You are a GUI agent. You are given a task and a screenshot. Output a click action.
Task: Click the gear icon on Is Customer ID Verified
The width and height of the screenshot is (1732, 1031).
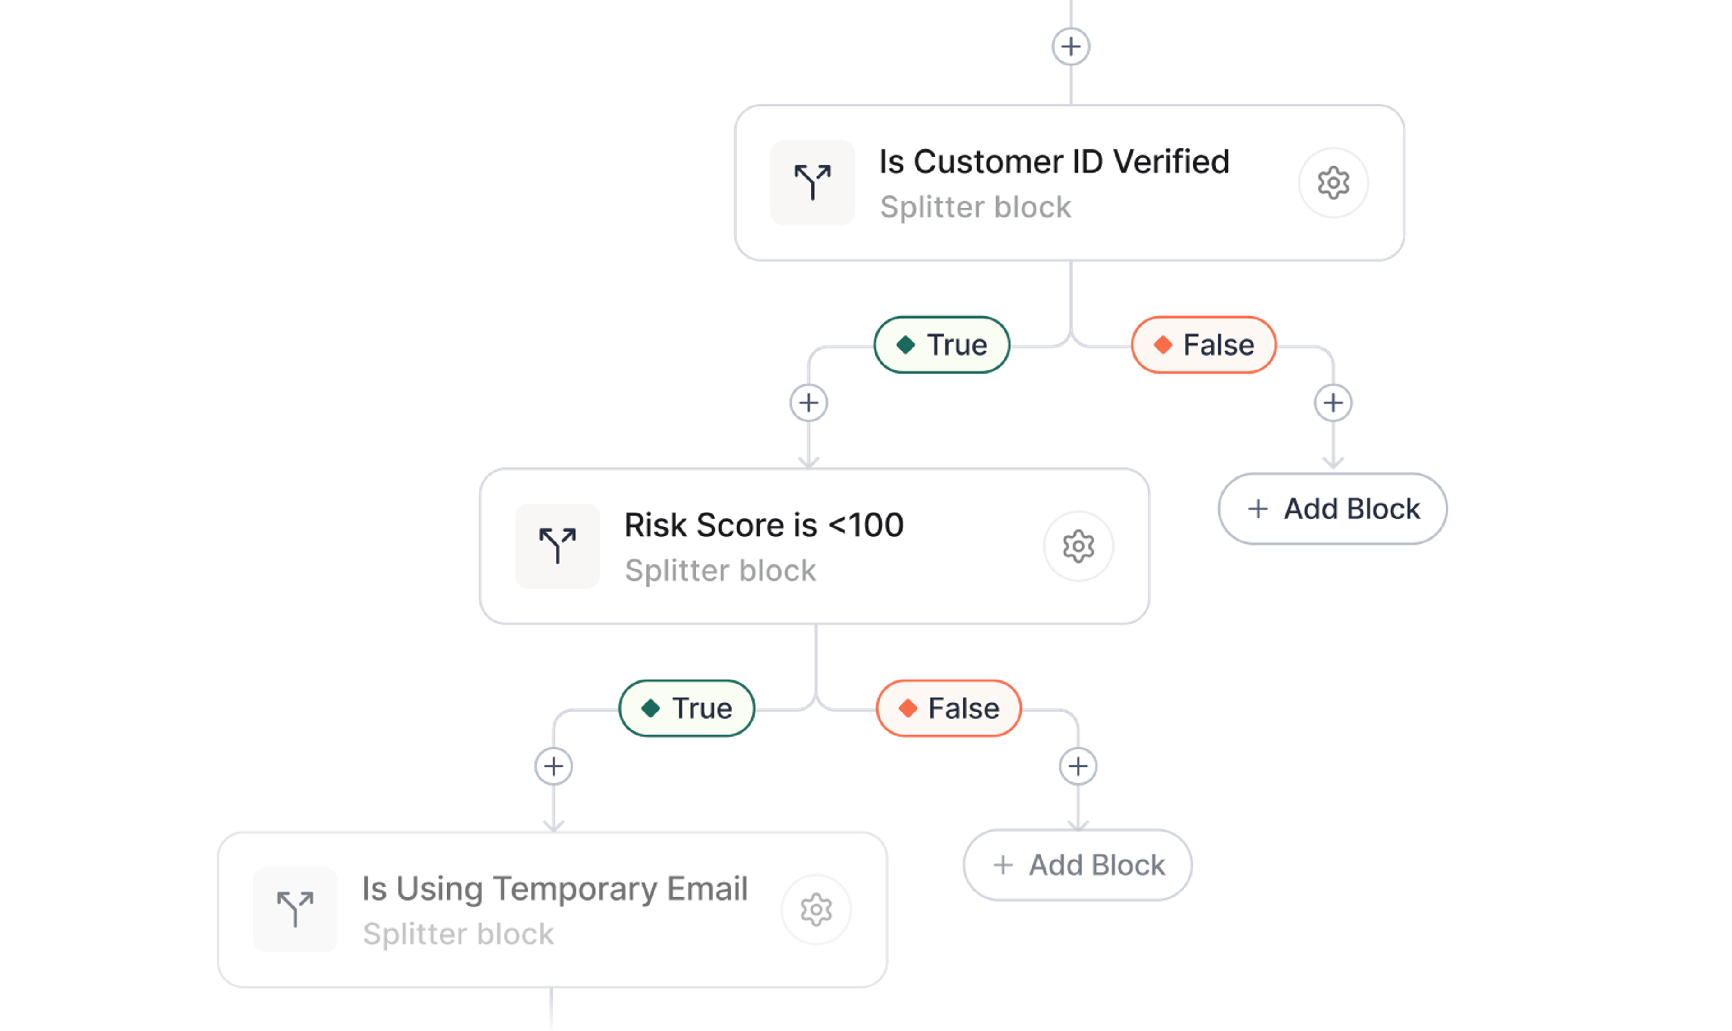[x=1333, y=183]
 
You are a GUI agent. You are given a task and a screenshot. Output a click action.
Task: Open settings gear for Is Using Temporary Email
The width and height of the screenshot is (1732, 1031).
[x=816, y=910]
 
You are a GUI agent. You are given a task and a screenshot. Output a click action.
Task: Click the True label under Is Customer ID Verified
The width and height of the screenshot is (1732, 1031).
[x=942, y=345]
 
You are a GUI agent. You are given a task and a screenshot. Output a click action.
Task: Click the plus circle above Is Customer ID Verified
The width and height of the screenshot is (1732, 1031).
[x=1071, y=46]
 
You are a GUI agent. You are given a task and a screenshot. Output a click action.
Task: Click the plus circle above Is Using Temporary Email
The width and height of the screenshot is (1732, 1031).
[x=553, y=766]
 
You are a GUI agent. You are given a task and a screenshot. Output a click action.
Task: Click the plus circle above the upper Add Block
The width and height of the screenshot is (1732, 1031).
[x=1333, y=403]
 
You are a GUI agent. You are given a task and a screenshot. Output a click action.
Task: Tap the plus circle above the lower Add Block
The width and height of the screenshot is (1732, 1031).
[x=1078, y=766]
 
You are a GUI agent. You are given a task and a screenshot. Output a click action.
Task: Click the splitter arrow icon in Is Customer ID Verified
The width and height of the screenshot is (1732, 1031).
[x=812, y=183]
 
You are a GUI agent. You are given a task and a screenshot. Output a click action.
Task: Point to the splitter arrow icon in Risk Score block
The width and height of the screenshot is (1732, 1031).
[x=557, y=546]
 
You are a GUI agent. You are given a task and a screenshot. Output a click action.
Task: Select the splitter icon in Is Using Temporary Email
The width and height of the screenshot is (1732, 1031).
[x=295, y=910]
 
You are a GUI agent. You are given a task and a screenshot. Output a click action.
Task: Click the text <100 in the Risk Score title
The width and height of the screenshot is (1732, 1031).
[x=867, y=525]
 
